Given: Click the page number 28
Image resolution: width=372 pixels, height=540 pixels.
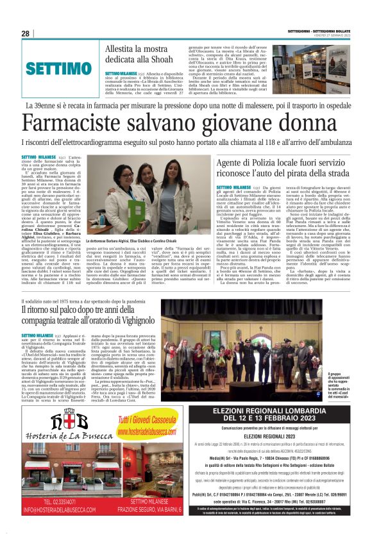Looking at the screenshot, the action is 26,34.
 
